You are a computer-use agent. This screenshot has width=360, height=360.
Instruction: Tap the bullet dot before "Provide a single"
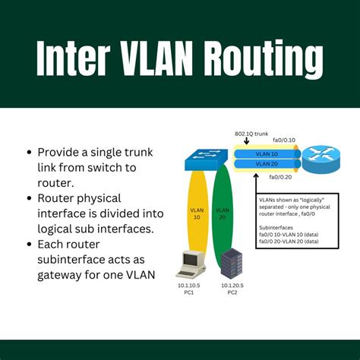click(x=29, y=152)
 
